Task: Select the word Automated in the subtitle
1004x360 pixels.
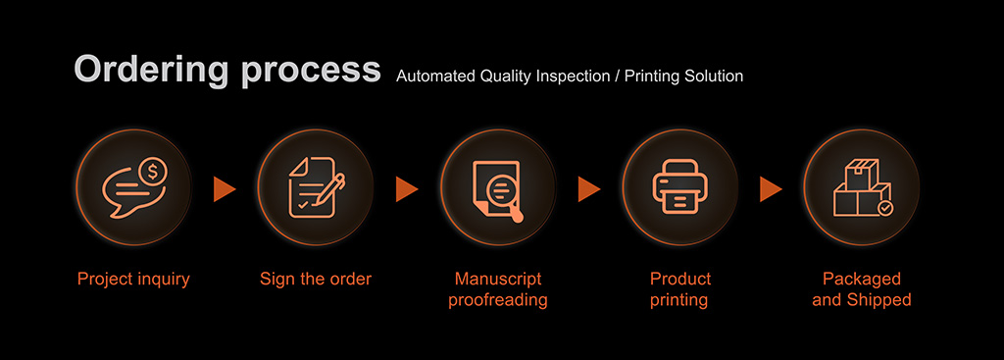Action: pos(434,77)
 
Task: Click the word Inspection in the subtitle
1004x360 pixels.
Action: pos(571,77)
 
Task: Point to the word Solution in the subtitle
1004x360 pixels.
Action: pos(714,77)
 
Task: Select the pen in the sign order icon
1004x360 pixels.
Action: pos(333,186)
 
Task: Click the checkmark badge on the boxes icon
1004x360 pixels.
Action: pos(885,208)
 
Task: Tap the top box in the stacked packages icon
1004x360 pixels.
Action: pos(862,174)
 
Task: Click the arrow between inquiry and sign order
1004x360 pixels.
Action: pos(225,189)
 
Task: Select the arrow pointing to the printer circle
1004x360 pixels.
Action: pos(588,189)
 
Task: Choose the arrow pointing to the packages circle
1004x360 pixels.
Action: pos(771,189)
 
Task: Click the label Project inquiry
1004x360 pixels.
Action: pos(133,280)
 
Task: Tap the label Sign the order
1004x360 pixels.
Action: pos(316,280)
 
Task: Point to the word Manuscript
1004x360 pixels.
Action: pos(498,280)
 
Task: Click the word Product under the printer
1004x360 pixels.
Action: pos(680,280)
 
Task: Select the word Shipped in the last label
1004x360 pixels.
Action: pos(878,300)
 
